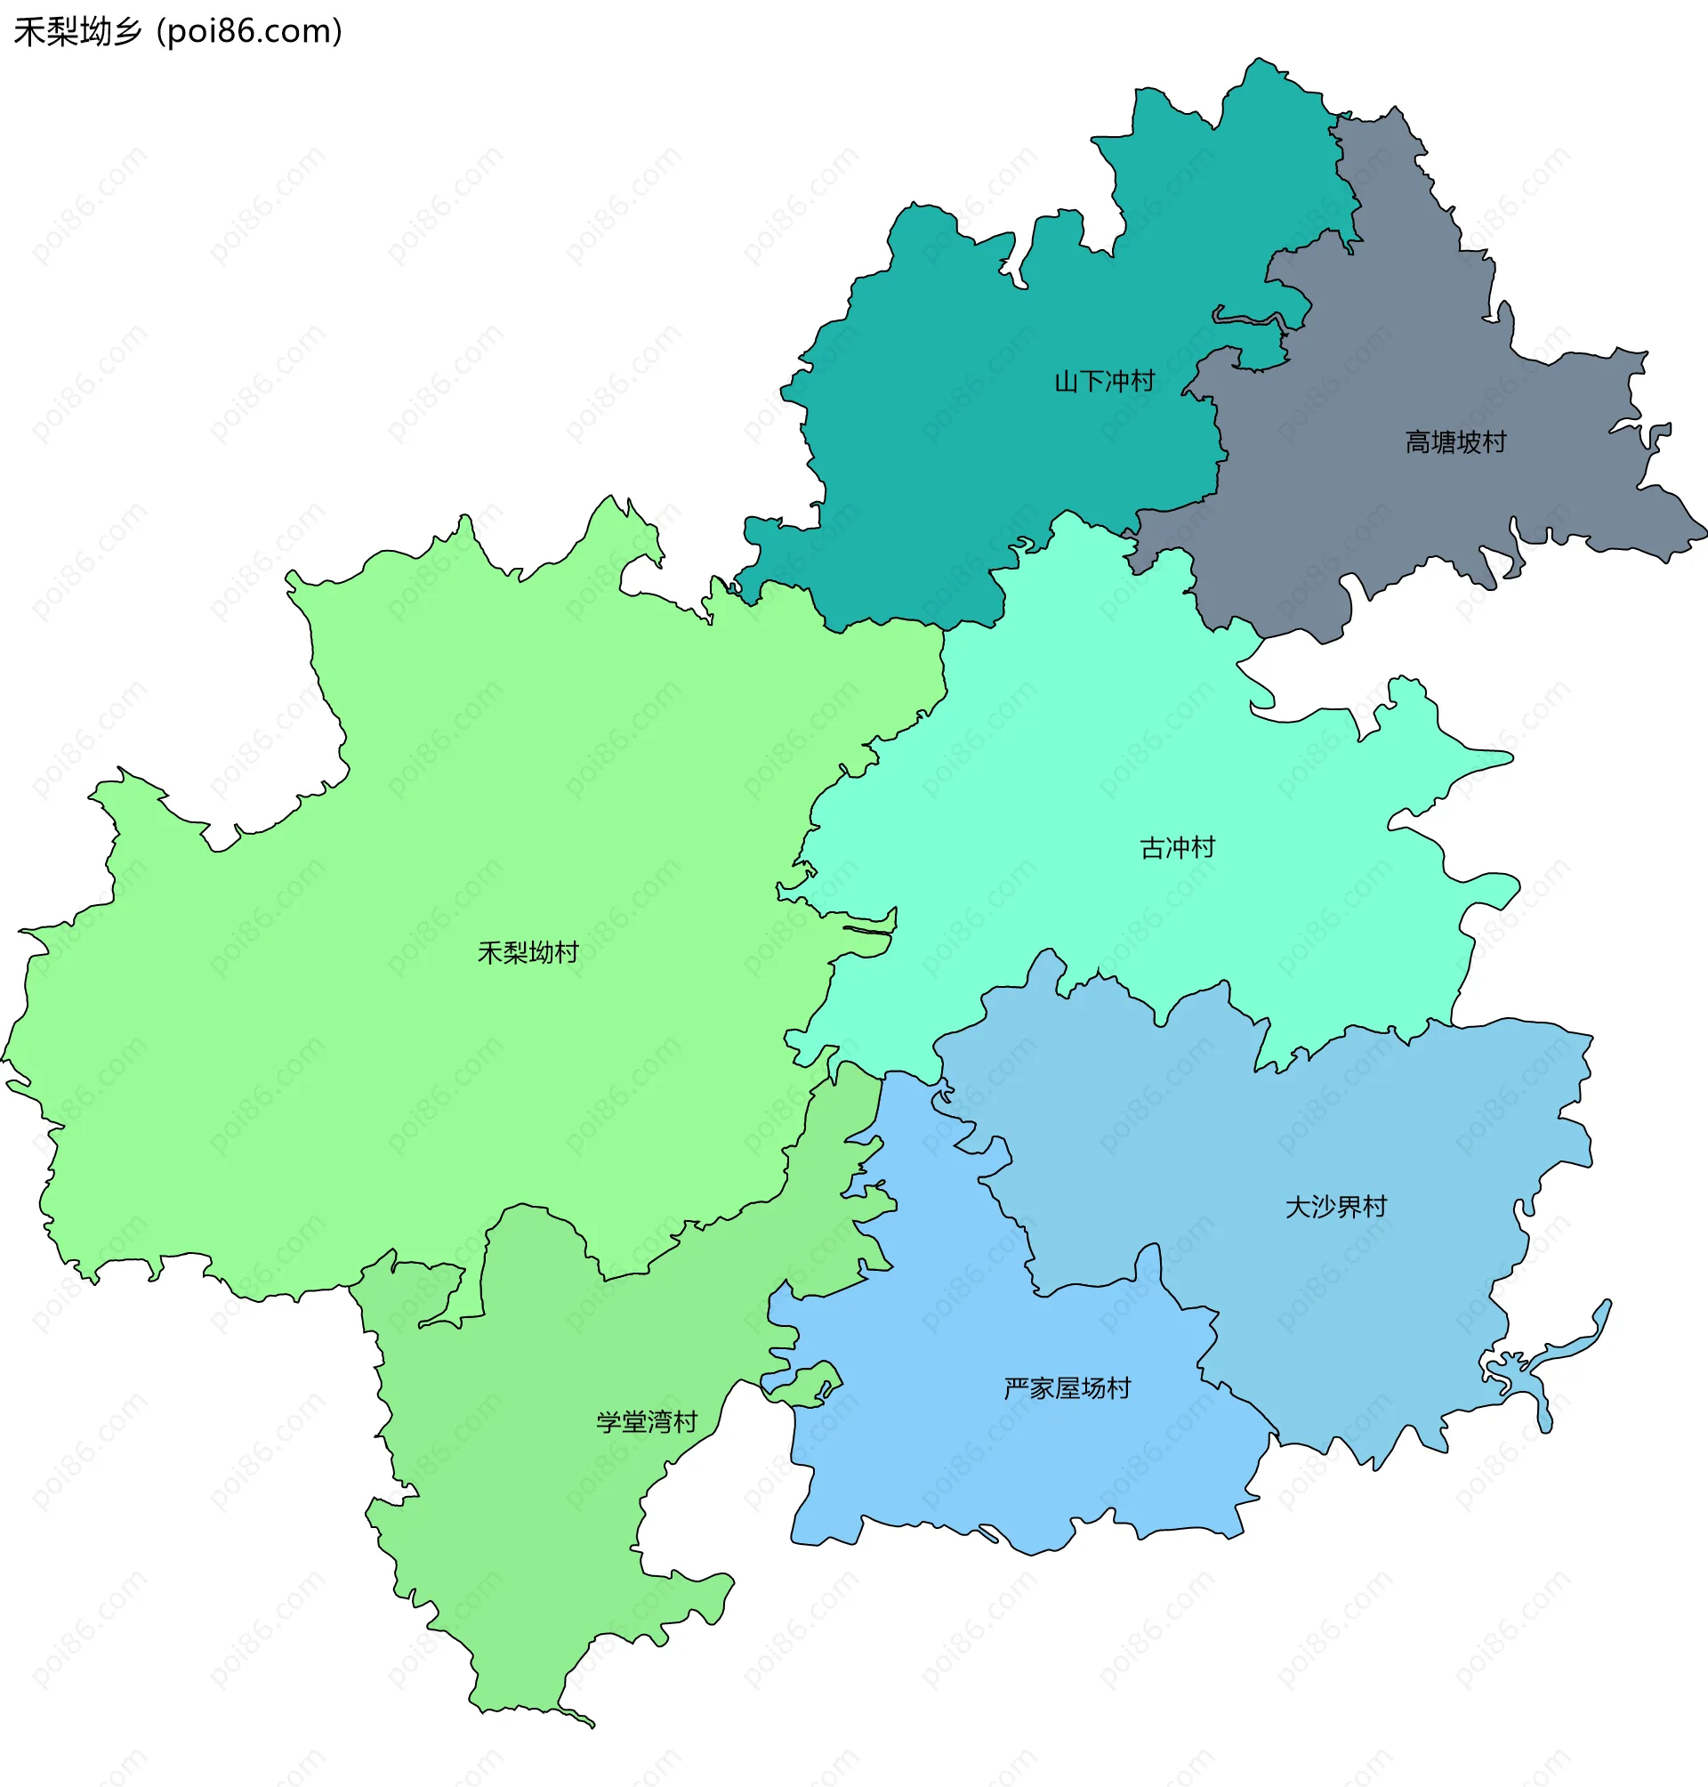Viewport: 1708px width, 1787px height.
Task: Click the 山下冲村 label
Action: (x=1103, y=381)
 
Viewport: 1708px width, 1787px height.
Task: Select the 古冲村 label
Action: (x=1177, y=848)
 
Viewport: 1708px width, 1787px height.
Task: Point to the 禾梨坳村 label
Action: (x=528, y=953)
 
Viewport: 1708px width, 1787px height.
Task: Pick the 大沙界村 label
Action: (x=1335, y=1207)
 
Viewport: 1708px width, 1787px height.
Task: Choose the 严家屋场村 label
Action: (x=1067, y=1388)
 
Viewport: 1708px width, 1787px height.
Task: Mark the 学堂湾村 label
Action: (x=647, y=1422)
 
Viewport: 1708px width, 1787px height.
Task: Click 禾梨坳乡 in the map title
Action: (x=78, y=32)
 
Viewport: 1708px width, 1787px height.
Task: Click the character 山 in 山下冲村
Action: (x=1066, y=381)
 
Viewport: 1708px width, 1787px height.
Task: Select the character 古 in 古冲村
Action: (x=1153, y=848)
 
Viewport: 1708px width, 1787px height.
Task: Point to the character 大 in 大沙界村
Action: (x=1297, y=1207)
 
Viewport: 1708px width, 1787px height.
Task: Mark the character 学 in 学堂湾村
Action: (x=608, y=1422)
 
